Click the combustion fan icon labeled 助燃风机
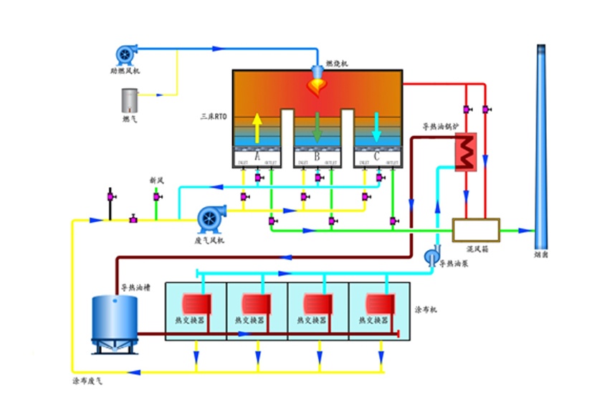126,54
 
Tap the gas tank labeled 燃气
130,99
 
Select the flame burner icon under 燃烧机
317,85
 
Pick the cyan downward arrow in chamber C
377,129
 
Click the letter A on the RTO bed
257,156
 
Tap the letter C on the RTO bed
377,156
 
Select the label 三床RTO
213,115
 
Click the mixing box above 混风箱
476,229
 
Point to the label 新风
157,180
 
